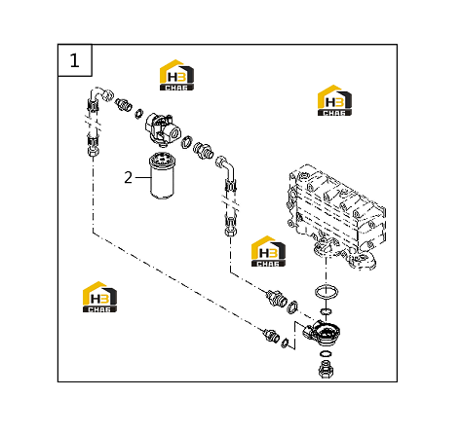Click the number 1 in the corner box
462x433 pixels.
tap(74, 60)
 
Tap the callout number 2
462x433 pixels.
tap(129, 178)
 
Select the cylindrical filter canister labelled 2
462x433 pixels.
tap(162, 175)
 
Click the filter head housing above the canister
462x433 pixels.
tap(163, 129)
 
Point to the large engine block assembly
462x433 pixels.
tap(336, 217)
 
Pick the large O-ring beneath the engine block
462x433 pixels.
tap(327, 292)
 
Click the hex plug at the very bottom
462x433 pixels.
tap(326, 369)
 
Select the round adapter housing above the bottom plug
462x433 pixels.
tap(322, 334)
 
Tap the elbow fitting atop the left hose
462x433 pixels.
tap(101, 93)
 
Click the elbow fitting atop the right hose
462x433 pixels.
tap(225, 166)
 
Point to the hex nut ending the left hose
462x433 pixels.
tap(93, 151)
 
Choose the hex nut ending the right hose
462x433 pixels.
tap(230, 232)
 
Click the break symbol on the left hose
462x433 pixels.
tap(94, 124)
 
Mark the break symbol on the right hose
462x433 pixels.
tap(230, 204)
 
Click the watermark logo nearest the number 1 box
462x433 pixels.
tap(176, 75)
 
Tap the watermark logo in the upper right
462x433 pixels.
tap(334, 100)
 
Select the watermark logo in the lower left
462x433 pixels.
tap(99, 297)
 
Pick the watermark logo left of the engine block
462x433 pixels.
tap(268, 251)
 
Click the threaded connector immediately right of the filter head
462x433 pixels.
tap(203, 150)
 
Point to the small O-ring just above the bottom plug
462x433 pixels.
tap(326, 353)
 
